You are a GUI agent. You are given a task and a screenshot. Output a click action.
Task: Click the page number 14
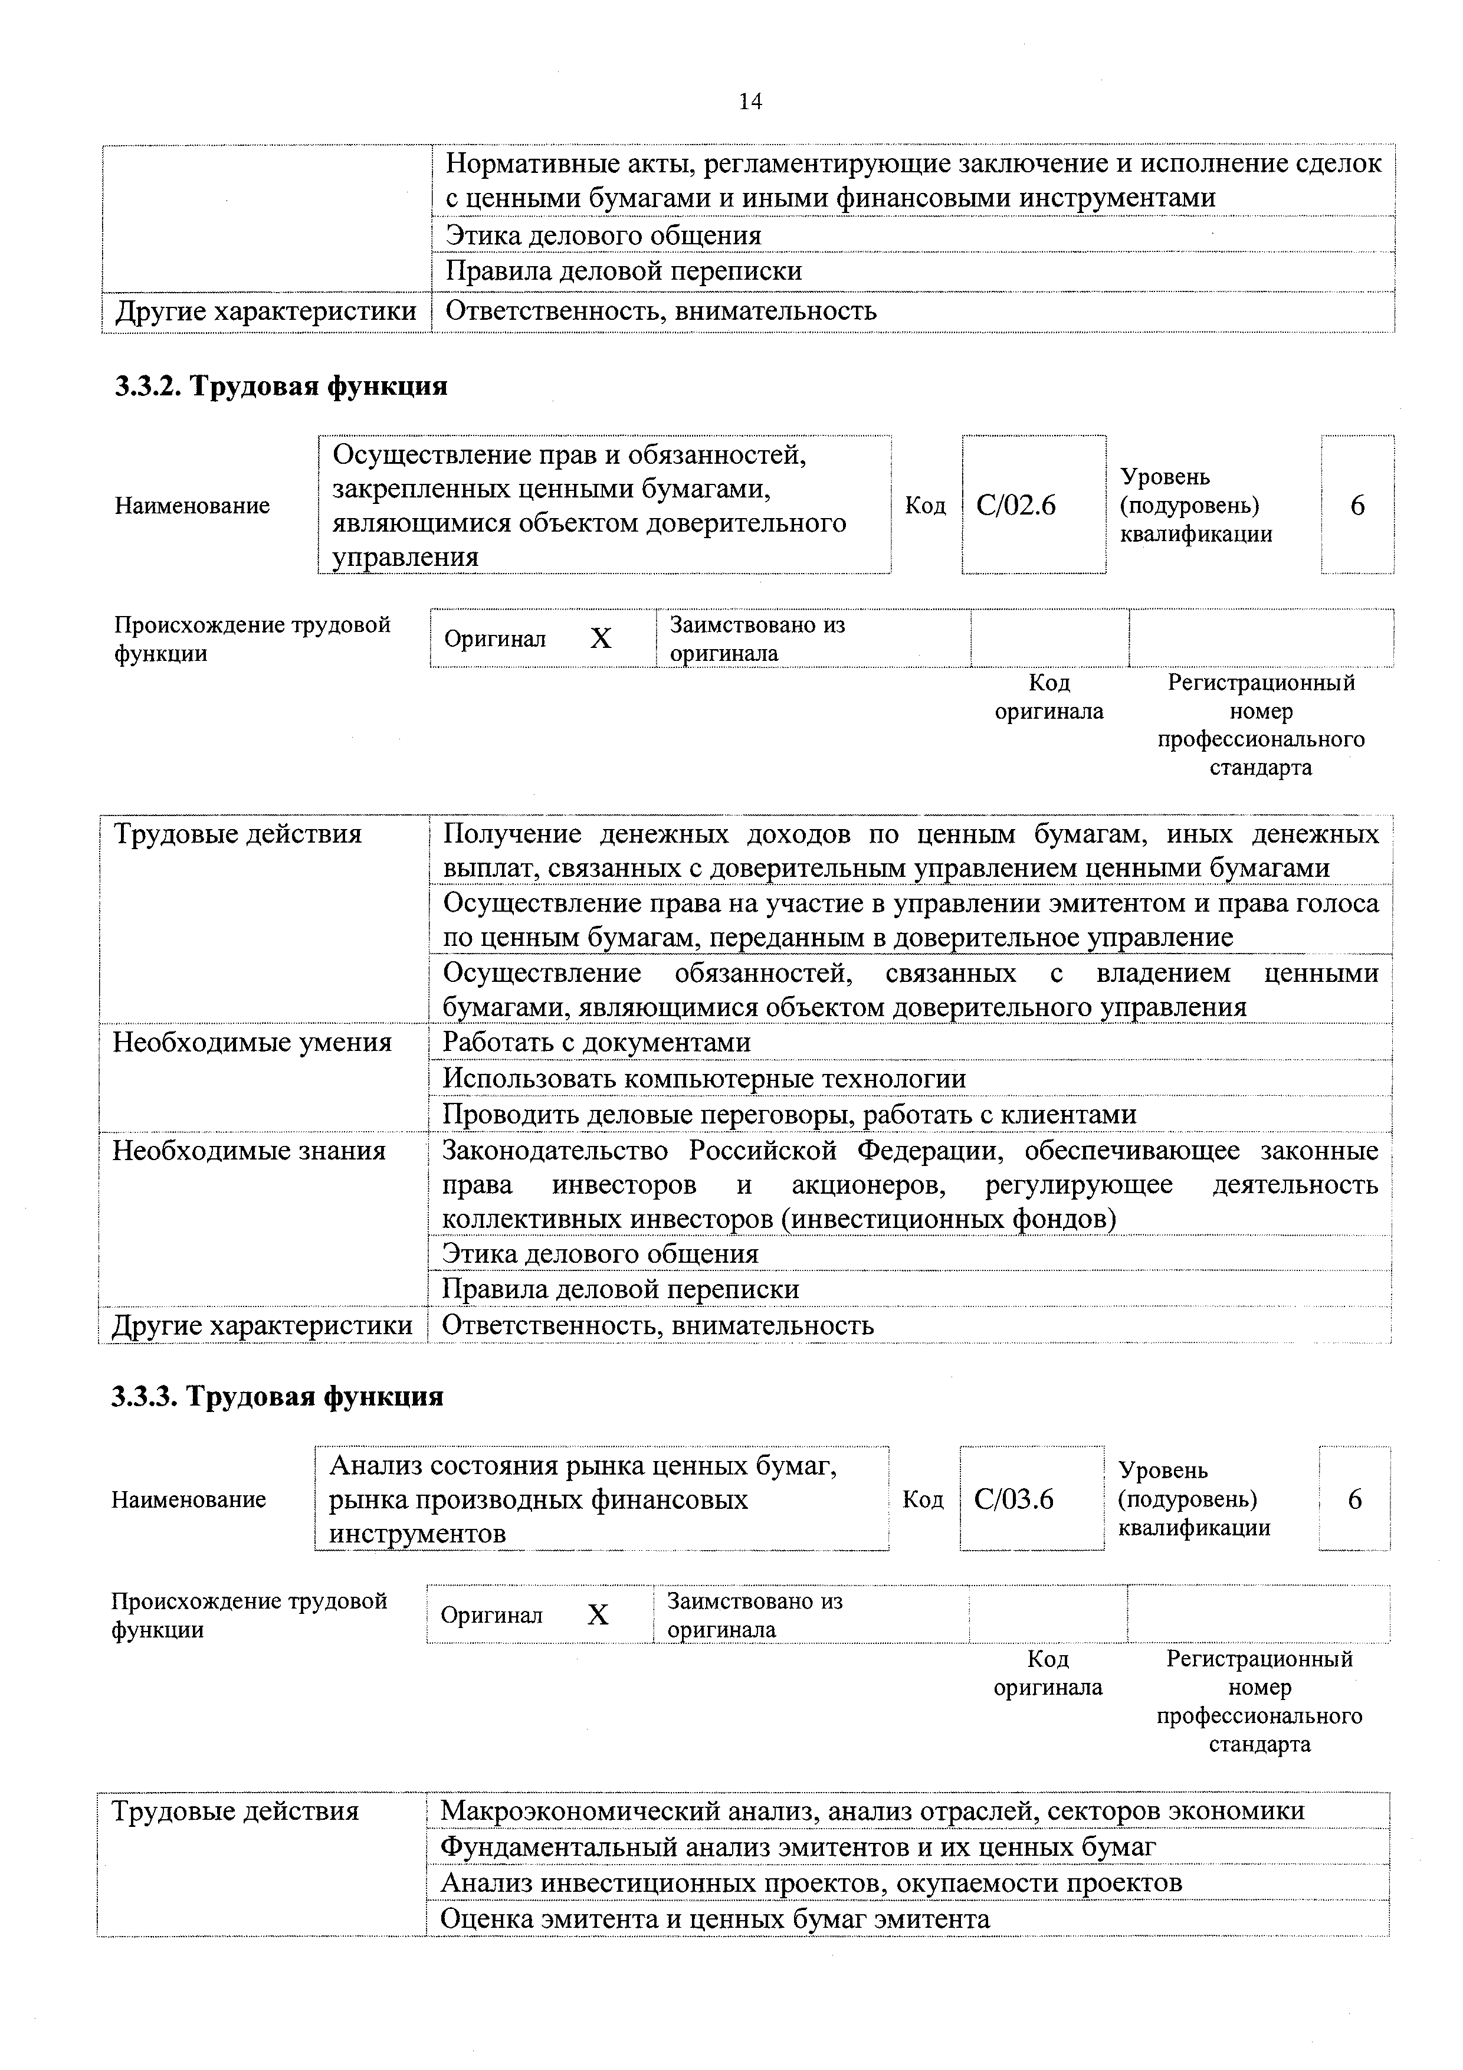point(750,102)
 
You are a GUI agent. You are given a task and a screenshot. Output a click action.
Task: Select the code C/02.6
point(1015,506)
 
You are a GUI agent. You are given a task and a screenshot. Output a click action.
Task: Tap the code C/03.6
point(1013,1499)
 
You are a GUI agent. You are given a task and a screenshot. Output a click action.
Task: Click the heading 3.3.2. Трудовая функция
point(280,387)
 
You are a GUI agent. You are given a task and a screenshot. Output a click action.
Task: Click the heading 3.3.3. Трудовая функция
point(278,1397)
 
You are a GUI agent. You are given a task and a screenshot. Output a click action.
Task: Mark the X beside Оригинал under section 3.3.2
point(601,639)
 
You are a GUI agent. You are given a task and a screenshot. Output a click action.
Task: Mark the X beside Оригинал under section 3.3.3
point(598,1614)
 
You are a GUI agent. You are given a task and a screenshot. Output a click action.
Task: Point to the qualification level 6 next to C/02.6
point(1357,506)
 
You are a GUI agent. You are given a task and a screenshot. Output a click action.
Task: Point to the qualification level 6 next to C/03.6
point(1354,1499)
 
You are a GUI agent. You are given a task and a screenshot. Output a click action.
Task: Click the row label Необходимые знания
point(249,1151)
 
